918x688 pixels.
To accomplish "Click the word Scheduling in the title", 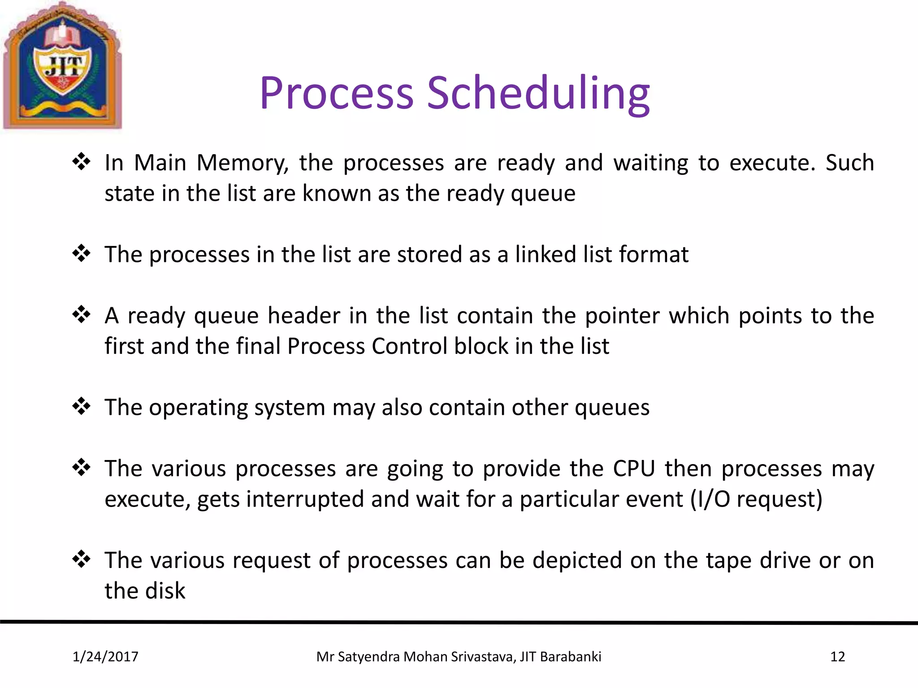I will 538,93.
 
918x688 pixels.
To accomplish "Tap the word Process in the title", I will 336,93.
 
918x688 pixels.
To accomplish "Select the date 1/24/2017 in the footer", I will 105,657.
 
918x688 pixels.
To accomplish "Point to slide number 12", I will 837,657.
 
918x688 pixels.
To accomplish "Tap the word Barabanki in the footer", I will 571,657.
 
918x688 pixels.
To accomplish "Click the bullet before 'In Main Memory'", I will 82,162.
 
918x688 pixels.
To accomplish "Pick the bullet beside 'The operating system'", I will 82,406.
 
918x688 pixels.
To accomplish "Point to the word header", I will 304,315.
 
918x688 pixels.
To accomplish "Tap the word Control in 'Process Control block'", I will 409,346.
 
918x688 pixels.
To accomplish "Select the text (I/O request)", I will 756,499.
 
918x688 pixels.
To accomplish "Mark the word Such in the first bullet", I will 849,163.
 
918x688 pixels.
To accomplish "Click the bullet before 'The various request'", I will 82,559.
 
